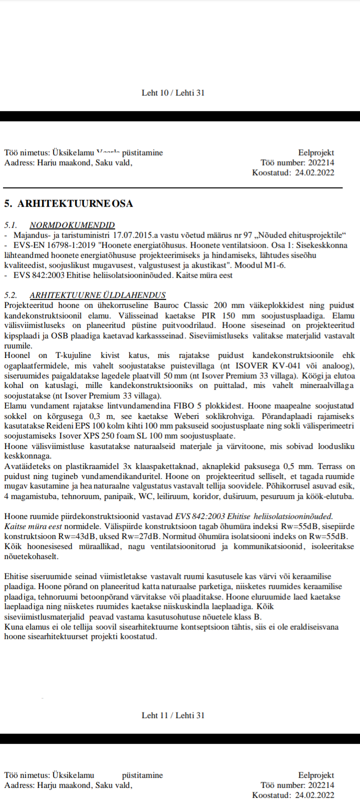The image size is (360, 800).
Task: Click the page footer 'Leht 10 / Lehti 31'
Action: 173,93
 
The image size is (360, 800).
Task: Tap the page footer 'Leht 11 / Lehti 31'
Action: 173,715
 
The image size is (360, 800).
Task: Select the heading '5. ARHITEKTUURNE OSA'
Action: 68,203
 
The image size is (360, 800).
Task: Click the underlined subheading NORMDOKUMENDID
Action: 72,225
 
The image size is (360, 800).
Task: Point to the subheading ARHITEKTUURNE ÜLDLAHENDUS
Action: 97,295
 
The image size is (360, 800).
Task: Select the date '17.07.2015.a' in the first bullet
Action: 136,235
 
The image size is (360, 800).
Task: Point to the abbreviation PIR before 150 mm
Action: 209,315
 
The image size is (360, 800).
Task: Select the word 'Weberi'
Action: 183,416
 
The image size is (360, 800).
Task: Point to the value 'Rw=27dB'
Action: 138,536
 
